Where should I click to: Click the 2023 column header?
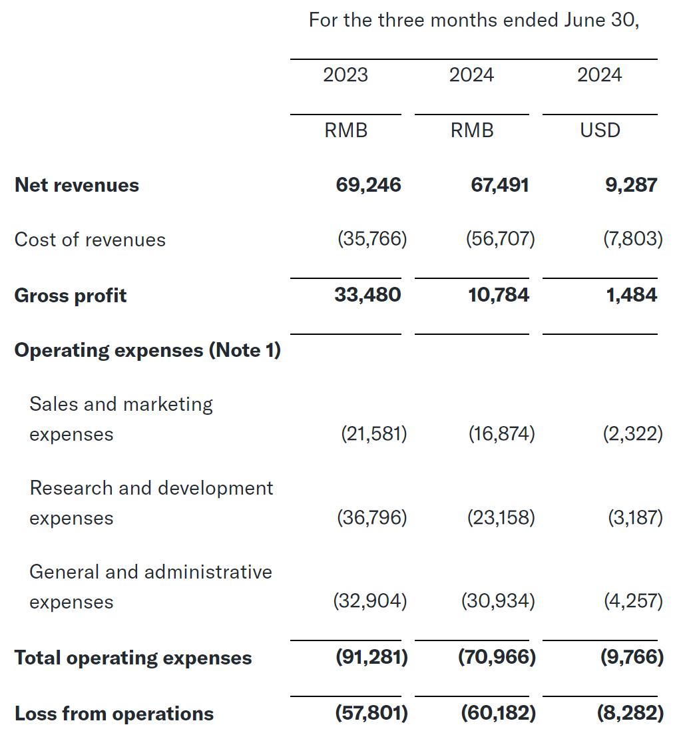(x=345, y=75)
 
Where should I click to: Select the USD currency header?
(x=600, y=130)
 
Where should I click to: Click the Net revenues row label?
(x=77, y=185)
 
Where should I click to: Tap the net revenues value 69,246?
(x=368, y=185)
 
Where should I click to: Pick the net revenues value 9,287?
(x=631, y=185)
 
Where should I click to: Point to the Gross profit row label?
(x=70, y=296)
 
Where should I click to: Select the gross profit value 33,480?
(x=367, y=295)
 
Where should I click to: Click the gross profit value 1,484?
(x=631, y=295)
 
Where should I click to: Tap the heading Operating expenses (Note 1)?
(x=147, y=350)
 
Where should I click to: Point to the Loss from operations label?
(x=114, y=714)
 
